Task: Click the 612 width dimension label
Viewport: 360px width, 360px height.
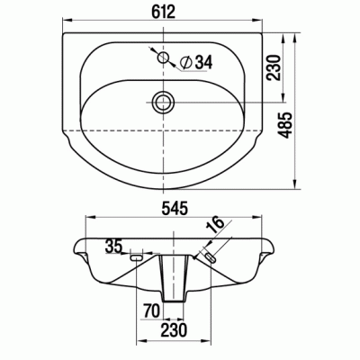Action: (163, 12)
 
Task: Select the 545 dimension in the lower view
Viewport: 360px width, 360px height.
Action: (175, 209)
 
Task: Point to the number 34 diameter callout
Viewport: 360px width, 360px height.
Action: (203, 62)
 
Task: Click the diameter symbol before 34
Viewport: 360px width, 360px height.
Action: (186, 63)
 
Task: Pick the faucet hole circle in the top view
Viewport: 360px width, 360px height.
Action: (164, 57)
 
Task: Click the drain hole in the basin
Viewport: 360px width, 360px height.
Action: (164, 102)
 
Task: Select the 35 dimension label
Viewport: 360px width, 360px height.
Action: (113, 247)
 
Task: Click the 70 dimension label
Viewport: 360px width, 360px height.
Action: (151, 310)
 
